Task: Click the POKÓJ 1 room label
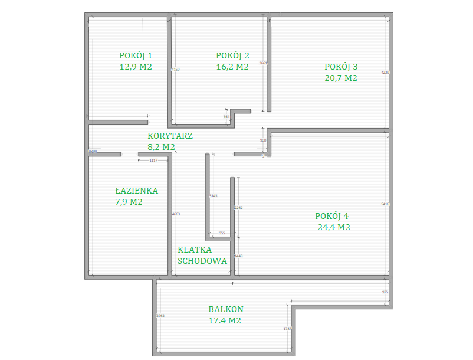pyautogui.click(x=136, y=55)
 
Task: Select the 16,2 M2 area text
pyautogui.click(x=232, y=67)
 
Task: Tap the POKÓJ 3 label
pyautogui.click(x=341, y=66)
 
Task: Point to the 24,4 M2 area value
pyautogui.click(x=334, y=227)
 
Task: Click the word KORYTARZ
pyautogui.click(x=170, y=135)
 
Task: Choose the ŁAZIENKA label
pyautogui.click(x=136, y=191)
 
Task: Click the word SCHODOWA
pyautogui.click(x=202, y=260)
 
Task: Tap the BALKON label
pyautogui.click(x=225, y=309)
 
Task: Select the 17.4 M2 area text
pyautogui.click(x=225, y=320)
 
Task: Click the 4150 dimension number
pyautogui.click(x=175, y=70)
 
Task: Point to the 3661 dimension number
pyautogui.click(x=263, y=63)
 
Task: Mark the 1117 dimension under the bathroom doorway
pyautogui.click(x=153, y=161)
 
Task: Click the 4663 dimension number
pyautogui.click(x=176, y=214)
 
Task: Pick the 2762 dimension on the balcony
pyautogui.click(x=160, y=316)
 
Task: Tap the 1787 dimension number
pyautogui.click(x=288, y=329)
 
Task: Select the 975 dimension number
pyautogui.click(x=385, y=292)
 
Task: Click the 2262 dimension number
pyautogui.click(x=238, y=208)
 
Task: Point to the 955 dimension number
pyautogui.click(x=222, y=233)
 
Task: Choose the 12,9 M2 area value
pyautogui.click(x=136, y=67)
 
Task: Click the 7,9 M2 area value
pyautogui.click(x=129, y=202)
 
